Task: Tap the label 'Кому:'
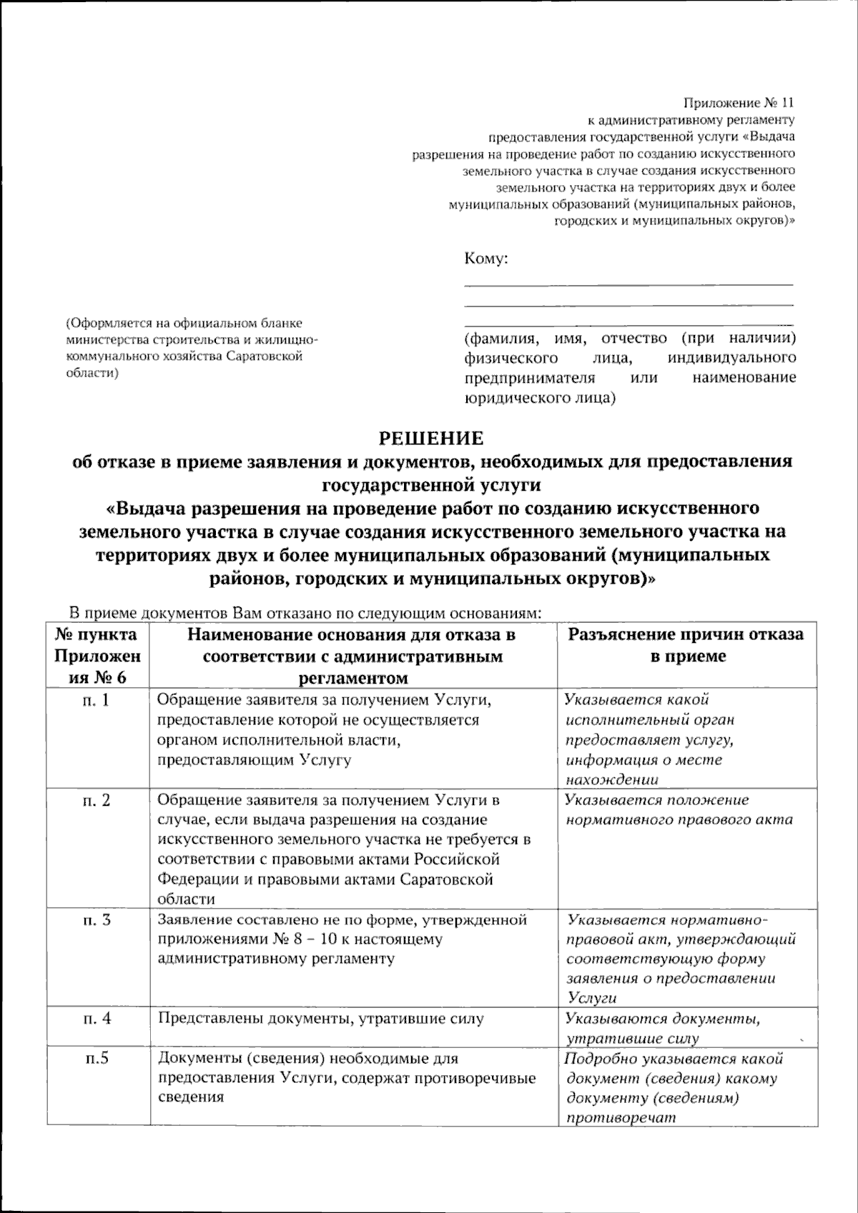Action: click(485, 258)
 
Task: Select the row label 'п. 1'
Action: click(97, 700)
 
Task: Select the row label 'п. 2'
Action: click(97, 800)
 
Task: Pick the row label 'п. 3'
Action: click(97, 919)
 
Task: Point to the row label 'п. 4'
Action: click(97, 1018)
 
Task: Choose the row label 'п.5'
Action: click(97, 1059)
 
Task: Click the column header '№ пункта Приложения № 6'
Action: click(97, 655)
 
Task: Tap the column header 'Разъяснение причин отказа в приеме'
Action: click(686, 645)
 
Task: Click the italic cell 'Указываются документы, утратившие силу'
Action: click(662, 1028)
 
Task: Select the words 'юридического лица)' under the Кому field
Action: click(540, 396)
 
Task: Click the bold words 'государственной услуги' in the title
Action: click(431, 485)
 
